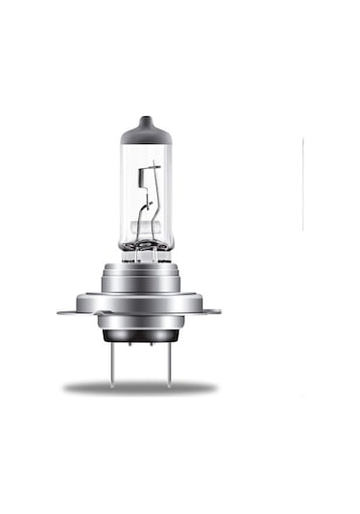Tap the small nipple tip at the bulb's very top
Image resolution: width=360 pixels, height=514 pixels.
coord(146,118)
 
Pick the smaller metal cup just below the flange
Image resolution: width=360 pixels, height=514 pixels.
coord(140,324)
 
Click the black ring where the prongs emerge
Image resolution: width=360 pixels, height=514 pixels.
coord(140,337)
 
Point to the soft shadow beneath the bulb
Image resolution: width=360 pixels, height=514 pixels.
coord(140,387)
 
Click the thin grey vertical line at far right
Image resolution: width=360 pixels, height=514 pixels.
coord(302,183)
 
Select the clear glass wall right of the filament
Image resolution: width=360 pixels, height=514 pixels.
coord(163,192)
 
